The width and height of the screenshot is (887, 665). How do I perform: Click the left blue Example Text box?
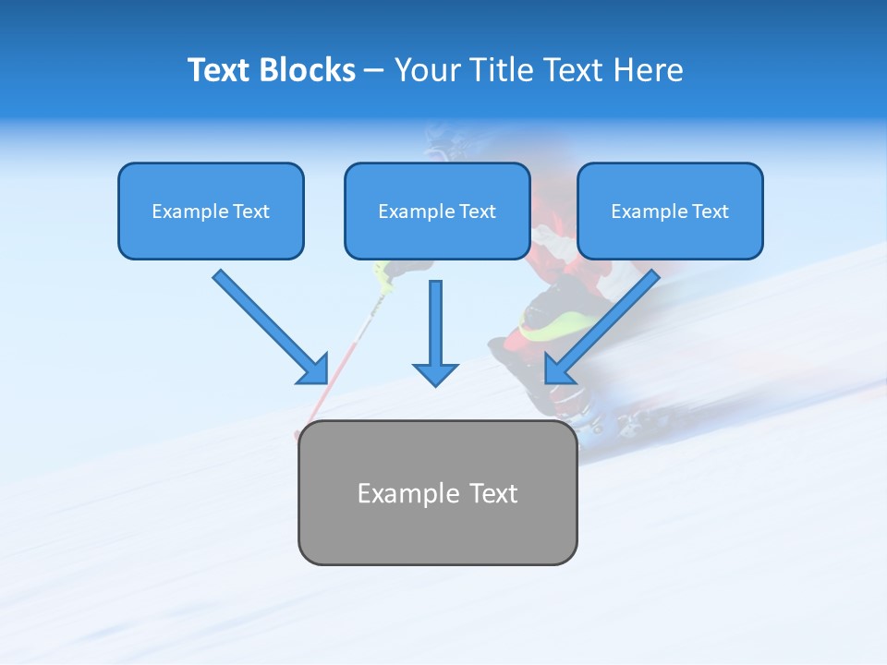click(x=211, y=212)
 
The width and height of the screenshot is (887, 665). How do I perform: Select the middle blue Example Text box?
click(x=437, y=212)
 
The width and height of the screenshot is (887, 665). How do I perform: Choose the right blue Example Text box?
click(x=670, y=212)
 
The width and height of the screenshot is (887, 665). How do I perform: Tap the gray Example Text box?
click(x=437, y=493)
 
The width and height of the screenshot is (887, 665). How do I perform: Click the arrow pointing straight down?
click(x=435, y=323)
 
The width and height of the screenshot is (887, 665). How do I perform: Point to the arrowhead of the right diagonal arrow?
click(x=558, y=369)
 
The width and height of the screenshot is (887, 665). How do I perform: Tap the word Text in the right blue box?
click(x=710, y=212)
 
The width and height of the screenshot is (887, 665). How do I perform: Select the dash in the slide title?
click(x=374, y=71)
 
